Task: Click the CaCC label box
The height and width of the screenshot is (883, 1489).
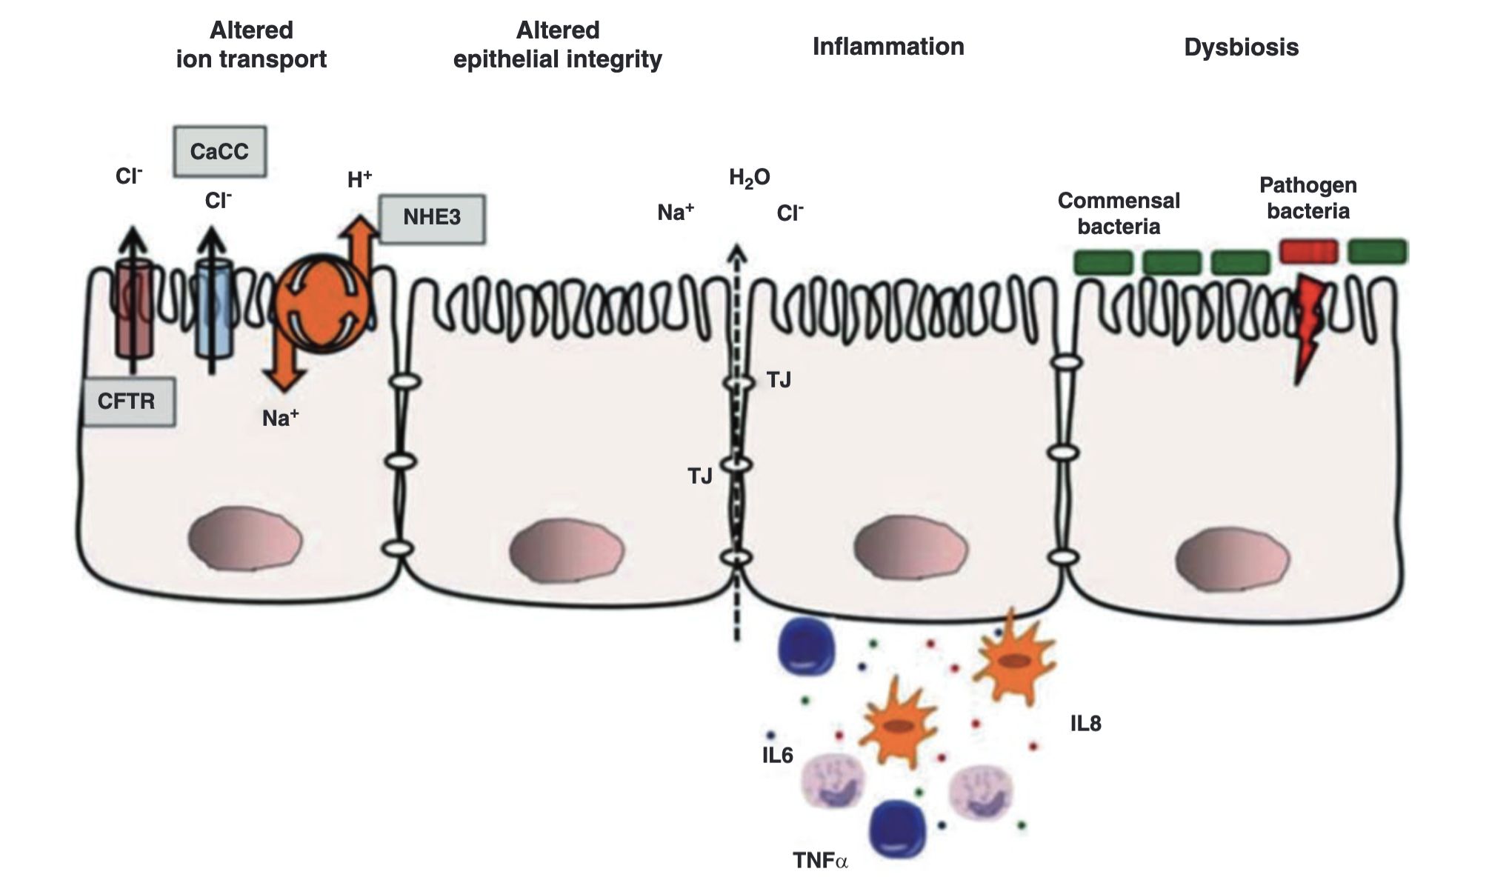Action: (219, 152)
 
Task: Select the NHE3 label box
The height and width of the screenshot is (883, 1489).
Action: (432, 219)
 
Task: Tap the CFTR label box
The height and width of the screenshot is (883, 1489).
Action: (128, 401)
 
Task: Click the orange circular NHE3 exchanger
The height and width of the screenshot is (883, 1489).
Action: (322, 304)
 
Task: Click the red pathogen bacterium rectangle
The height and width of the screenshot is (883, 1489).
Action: (1308, 252)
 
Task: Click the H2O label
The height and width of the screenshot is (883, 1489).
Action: (749, 178)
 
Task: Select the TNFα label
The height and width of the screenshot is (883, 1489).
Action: (820, 860)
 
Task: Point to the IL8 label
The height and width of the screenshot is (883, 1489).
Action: (1085, 724)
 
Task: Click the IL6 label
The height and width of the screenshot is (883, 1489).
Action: (777, 756)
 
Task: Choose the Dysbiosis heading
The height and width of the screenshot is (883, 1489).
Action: (1241, 47)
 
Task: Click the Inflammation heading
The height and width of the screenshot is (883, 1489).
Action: (888, 47)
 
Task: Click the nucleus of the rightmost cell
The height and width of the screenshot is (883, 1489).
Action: (1233, 559)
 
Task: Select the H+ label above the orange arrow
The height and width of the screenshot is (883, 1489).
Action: (359, 180)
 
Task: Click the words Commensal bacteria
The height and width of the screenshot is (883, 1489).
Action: (1119, 213)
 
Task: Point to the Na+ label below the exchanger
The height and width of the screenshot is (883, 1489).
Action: (280, 419)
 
